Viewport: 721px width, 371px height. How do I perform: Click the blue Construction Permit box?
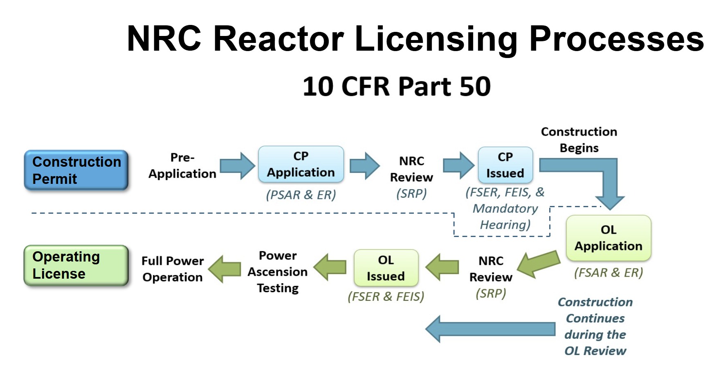pos(76,170)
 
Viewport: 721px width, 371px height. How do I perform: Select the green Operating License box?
pos(76,265)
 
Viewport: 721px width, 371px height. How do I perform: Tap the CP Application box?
pos(301,164)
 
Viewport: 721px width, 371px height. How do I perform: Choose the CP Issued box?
pos(505,165)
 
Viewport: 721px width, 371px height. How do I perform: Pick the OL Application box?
pos(609,238)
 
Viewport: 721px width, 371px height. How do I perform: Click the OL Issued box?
pos(386,268)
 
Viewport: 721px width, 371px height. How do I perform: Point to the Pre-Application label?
pos(182,165)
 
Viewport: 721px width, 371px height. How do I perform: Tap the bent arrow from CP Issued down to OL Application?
pos(605,176)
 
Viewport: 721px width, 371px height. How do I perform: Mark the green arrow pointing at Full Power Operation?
pos(225,269)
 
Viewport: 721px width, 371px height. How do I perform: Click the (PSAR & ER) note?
pos(301,195)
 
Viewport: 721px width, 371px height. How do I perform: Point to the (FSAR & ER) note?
pos(609,273)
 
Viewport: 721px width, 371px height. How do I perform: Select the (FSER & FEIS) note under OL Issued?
pos(386,297)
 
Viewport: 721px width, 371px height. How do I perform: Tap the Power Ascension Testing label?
pos(278,272)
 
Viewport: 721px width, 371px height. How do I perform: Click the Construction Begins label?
pos(579,140)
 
